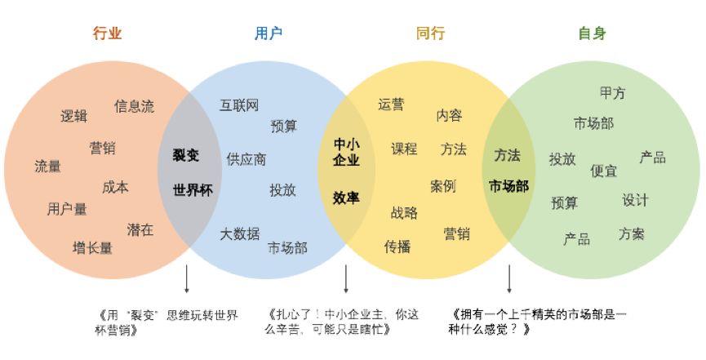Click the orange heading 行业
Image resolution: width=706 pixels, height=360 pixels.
107,33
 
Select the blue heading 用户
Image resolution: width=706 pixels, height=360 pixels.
269,33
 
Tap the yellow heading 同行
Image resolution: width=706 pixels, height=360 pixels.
430,33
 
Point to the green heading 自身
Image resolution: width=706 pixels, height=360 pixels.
592,33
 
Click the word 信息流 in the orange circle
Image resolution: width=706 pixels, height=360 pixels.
134,106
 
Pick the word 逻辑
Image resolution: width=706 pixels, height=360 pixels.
73,116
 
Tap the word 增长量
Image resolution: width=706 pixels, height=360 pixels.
92,248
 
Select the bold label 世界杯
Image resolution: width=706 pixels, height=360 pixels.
193,189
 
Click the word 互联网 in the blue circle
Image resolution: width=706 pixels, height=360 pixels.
239,105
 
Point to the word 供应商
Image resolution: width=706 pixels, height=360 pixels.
246,159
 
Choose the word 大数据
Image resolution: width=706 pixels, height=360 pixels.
239,233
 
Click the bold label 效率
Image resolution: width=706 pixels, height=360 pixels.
346,198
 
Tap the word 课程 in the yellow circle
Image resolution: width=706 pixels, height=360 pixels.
404,149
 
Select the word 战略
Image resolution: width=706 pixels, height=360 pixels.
404,213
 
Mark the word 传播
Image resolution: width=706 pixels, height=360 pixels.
397,247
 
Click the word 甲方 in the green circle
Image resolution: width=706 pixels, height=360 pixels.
613,93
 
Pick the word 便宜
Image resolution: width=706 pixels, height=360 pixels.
603,171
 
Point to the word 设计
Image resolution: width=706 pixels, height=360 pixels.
635,200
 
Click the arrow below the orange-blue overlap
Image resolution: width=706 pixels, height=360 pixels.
186,279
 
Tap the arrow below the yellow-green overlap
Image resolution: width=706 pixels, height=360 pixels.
509,279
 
